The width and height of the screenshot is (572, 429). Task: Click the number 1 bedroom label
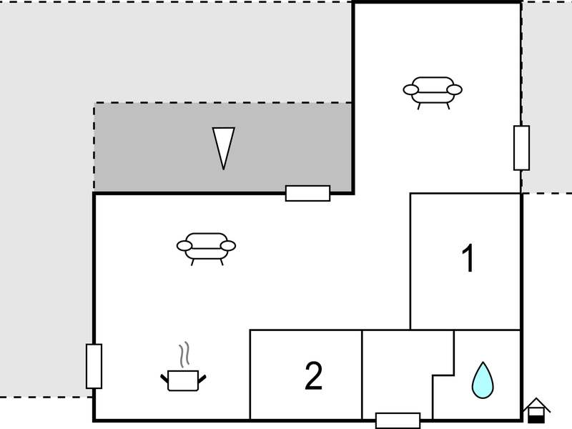coord(468,258)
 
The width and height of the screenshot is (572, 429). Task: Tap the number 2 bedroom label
coord(313,375)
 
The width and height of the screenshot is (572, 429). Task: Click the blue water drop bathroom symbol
coord(483,380)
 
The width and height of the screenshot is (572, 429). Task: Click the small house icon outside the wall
coord(536,410)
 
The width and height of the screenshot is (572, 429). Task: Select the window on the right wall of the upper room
coord(522,148)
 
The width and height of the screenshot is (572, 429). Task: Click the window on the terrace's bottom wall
coord(308,193)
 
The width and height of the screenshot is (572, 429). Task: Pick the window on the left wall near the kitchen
coord(94,366)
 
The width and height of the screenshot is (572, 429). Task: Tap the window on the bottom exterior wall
coord(398,420)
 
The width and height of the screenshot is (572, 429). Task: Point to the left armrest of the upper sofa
coord(410,89)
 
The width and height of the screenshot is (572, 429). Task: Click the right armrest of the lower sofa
coord(228,246)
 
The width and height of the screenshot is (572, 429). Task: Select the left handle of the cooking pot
coord(164,379)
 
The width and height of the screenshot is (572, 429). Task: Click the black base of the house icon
coord(536,419)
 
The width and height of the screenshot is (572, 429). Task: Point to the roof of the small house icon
coord(536,404)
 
